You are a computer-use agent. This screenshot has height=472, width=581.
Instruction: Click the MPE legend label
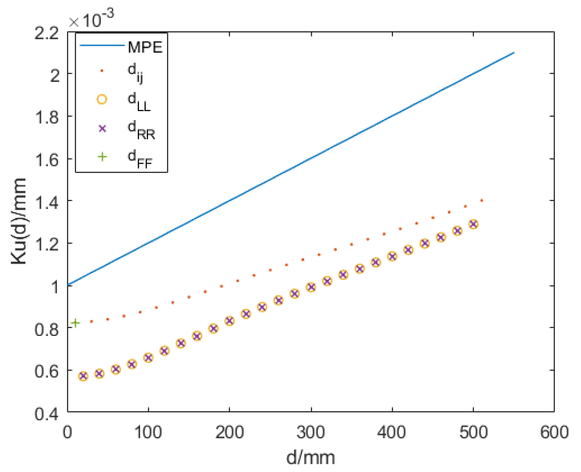coord(145,47)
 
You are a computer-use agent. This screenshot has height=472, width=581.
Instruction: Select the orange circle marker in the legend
coord(102,99)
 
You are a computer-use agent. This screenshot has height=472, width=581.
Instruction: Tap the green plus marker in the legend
coord(102,157)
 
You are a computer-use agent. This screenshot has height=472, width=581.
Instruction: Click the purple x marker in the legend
coord(102,128)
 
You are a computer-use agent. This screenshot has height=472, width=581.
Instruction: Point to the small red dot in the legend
coord(102,71)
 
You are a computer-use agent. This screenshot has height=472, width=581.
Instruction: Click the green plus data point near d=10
coord(75,323)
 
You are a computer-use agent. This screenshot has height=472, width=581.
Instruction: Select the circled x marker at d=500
coord(473,224)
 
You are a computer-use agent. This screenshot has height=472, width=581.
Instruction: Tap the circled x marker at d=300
coord(311,287)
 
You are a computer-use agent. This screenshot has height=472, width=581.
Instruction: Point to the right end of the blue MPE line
coord(514,53)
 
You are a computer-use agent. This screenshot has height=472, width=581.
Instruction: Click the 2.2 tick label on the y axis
coord(46,33)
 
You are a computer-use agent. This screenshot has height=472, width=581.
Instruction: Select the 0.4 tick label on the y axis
coord(46,414)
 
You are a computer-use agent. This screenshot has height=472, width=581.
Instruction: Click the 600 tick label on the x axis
coord(554,432)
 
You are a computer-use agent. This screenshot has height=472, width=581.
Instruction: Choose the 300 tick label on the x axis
coord(311,432)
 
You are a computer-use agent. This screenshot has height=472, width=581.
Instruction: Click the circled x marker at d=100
coord(148,358)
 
